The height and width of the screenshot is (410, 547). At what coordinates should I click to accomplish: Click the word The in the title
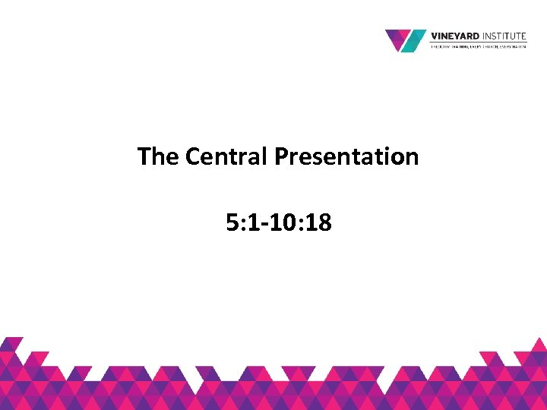click(158, 156)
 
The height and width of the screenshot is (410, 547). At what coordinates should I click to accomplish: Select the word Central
click(226, 156)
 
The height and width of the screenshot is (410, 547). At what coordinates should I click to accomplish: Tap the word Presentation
click(346, 156)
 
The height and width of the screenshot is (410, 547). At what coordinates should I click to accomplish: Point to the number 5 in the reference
click(231, 222)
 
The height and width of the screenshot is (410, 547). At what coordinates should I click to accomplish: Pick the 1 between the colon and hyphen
click(251, 222)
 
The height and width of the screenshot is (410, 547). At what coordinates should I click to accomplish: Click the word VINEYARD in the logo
click(454, 35)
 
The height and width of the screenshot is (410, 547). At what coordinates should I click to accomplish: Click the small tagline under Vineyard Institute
click(479, 46)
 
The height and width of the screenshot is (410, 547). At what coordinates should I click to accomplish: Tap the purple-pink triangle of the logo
click(397, 37)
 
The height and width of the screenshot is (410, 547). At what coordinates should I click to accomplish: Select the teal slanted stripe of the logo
click(414, 41)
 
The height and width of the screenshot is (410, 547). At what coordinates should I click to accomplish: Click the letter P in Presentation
click(280, 156)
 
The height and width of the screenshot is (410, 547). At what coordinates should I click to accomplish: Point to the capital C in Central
click(192, 156)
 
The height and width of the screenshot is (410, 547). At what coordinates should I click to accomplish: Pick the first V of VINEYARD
click(435, 35)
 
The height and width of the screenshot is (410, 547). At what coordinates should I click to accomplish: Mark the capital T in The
click(144, 156)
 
